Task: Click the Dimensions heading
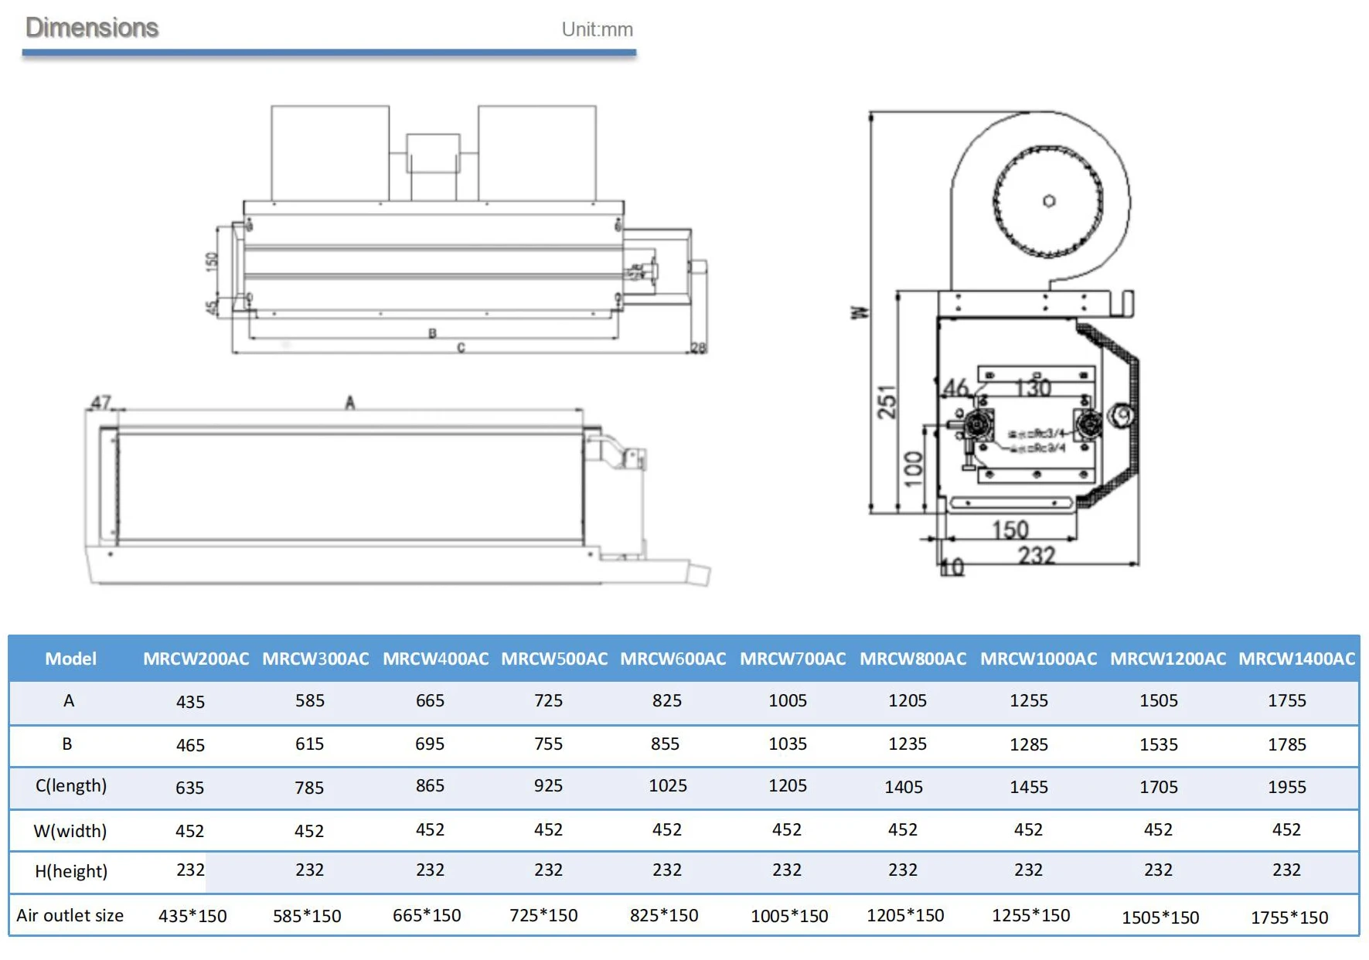[92, 28]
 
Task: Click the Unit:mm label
[597, 29]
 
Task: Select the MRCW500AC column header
[554, 659]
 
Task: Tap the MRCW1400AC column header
[1296, 659]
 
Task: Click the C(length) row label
[71, 785]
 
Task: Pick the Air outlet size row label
[70, 915]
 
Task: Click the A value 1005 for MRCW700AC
[788, 700]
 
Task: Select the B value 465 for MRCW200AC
[190, 745]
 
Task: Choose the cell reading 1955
[1286, 787]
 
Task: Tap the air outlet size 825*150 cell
[664, 915]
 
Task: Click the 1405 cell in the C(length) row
[904, 787]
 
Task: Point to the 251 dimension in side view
[887, 401]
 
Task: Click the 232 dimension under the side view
[1036, 555]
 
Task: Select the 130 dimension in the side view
[1033, 387]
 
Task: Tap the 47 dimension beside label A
[101, 403]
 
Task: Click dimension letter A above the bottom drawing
[350, 403]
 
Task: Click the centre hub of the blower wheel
[1049, 201]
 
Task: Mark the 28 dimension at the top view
[698, 348]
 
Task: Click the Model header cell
[70, 659]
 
